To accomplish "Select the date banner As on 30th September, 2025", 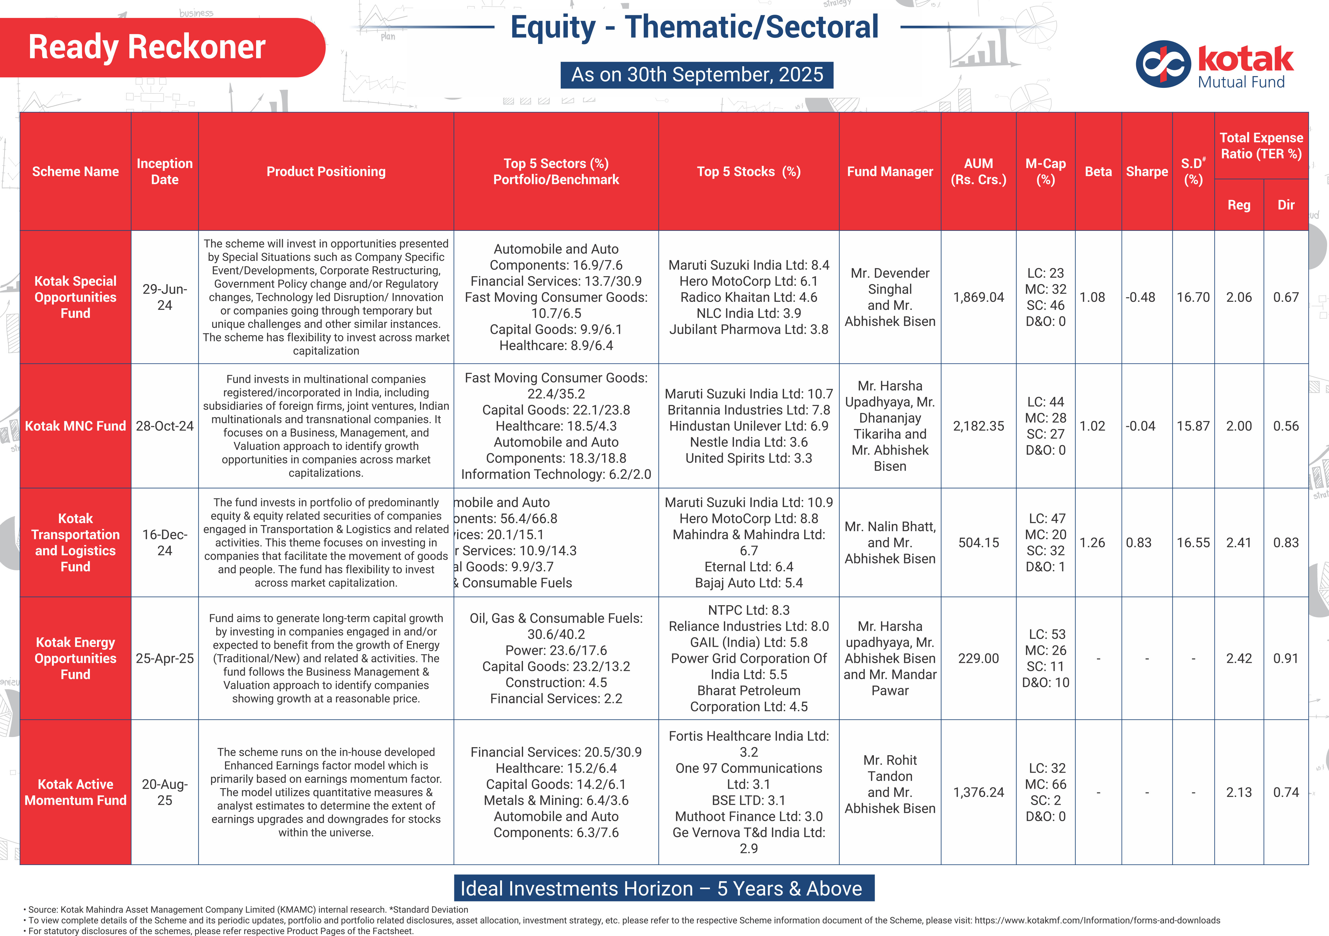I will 697,75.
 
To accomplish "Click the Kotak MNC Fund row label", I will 75,426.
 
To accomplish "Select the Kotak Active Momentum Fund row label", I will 75,792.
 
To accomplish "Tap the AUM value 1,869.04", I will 978,297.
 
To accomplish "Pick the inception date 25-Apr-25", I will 164,658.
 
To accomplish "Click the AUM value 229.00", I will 978,658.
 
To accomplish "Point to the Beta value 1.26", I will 1092,543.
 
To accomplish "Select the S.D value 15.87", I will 1193,426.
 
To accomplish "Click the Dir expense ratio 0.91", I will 1286,658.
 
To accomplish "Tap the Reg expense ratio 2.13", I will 1239,792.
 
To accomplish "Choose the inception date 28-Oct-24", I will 164,426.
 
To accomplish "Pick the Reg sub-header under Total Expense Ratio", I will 1239,205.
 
